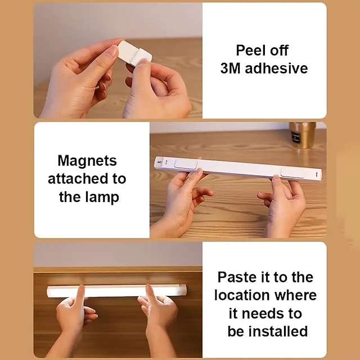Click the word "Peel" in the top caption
[x=249, y=50]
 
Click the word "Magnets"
[x=87, y=161]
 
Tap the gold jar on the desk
[x=302, y=135]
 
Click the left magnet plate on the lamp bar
[x=185, y=164]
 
